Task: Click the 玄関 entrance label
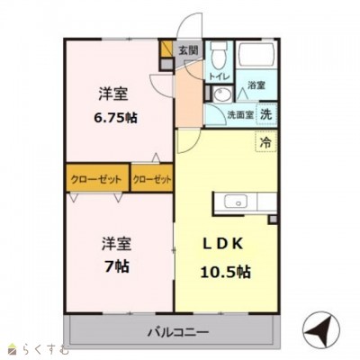pyautogui.click(x=188, y=51)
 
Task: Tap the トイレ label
pyautogui.click(x=218, y=77)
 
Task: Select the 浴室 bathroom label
pyautogui.click(x=256, y=85)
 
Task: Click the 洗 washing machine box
pyautogui.click(x=266, y=114)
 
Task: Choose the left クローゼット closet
pyautogui.click(x=96, y=179)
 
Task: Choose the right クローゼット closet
pyautogui.click(x=152, y=179)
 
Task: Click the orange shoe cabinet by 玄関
pyautogui.click(x=166, y=51)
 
